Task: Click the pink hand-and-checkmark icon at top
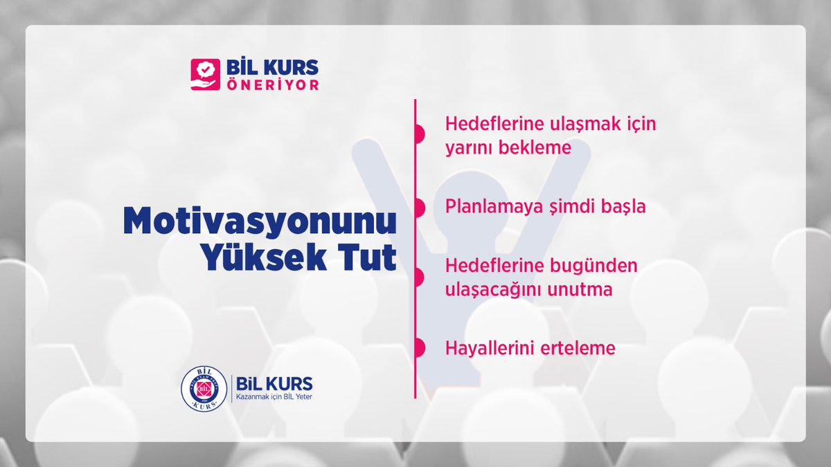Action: [205, 75]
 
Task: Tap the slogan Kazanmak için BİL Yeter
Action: [274, 396]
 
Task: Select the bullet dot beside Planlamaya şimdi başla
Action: [418, 206]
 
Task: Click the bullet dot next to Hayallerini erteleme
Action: [418, 348]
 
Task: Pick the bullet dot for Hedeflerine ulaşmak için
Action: [418, 135]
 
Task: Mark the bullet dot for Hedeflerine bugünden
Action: [418, 277]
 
